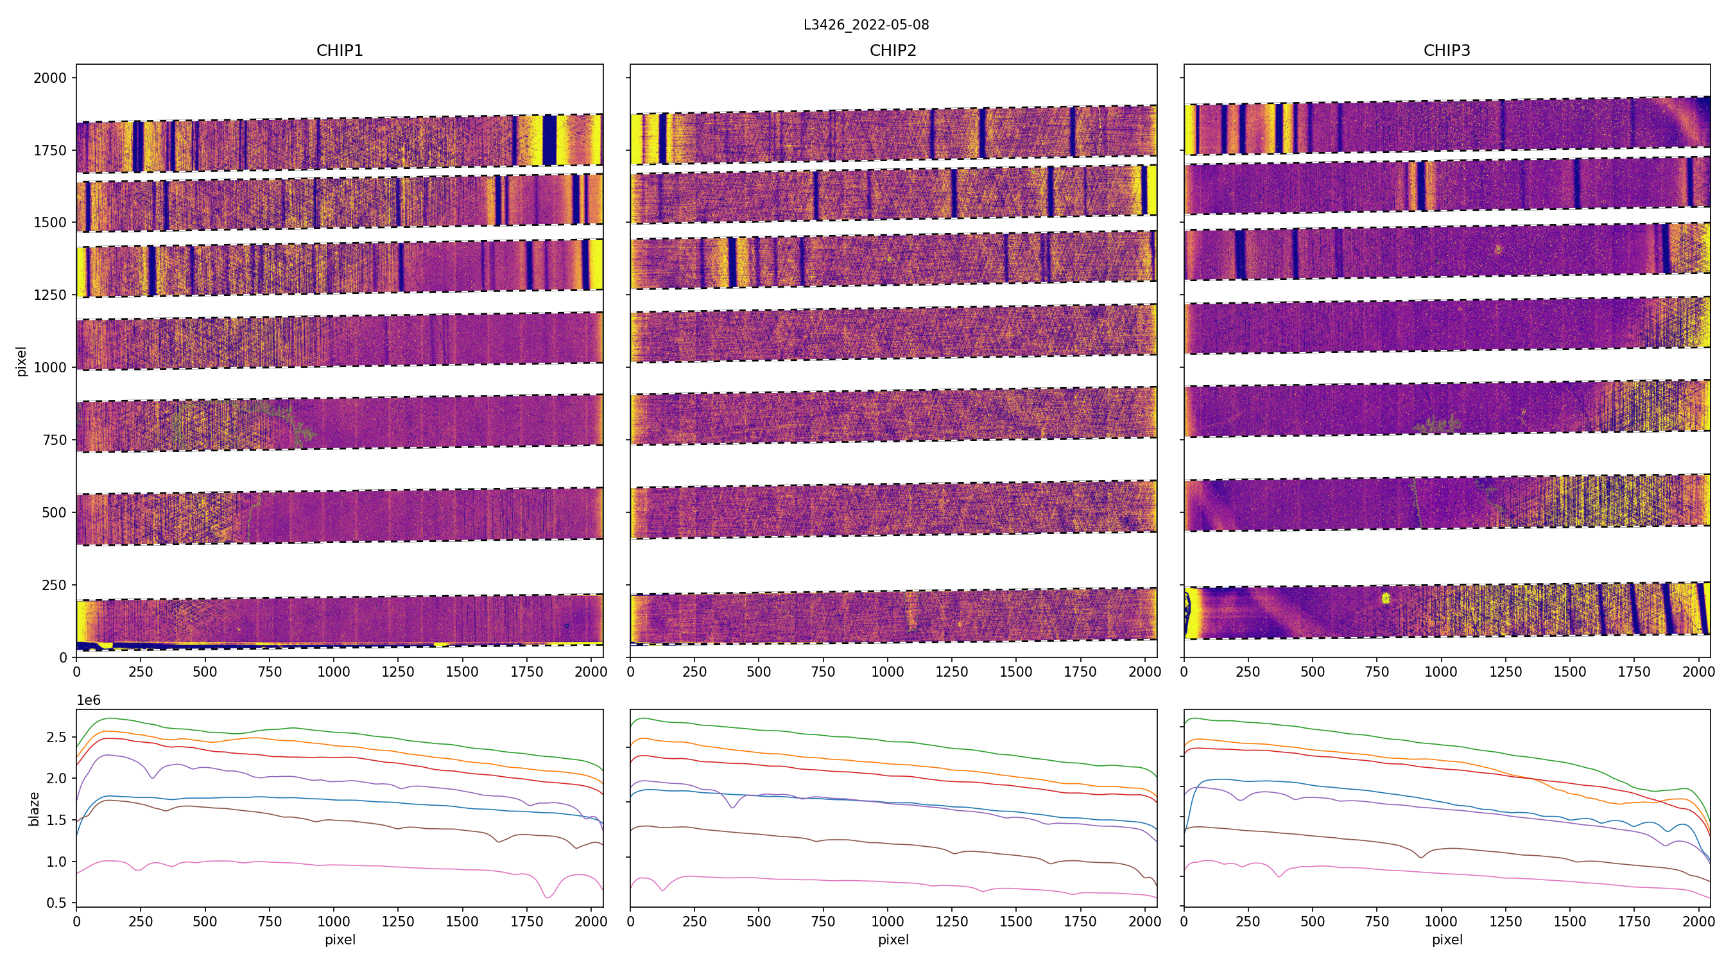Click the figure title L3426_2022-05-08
866,25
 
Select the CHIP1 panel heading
340,51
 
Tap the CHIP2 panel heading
893,51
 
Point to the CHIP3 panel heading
1446,51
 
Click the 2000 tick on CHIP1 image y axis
51,78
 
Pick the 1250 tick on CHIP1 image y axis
51,295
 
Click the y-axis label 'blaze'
33,808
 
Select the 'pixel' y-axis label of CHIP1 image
22,361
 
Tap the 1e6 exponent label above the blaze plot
89,700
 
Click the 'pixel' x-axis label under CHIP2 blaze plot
893,939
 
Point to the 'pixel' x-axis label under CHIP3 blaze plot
1446,939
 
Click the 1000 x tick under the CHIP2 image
887,672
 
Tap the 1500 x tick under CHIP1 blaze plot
462,921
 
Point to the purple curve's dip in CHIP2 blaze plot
732,807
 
